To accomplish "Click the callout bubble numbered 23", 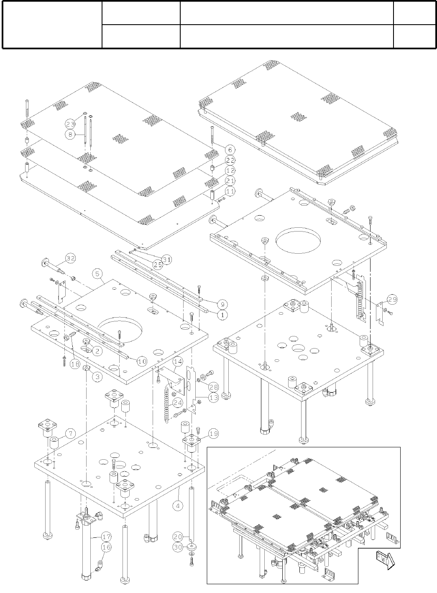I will [x=70, y=124].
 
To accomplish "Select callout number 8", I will [x=70, y=134].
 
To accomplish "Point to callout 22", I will [x=230, y=160].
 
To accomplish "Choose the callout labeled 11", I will [x=230, y=191].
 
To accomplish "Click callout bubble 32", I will [x=70, y=258].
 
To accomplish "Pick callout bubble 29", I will [x=392, y=300].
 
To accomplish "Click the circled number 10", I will [x=142, y=360].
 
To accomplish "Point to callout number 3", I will [x=97, y=377].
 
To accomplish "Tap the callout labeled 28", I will [x=214, y=387].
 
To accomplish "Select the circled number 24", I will [x=178, y=403].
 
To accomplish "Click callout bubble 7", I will [x=70, y=434].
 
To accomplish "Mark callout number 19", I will [x=213, y=434].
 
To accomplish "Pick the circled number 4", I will [x=178, y=505].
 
